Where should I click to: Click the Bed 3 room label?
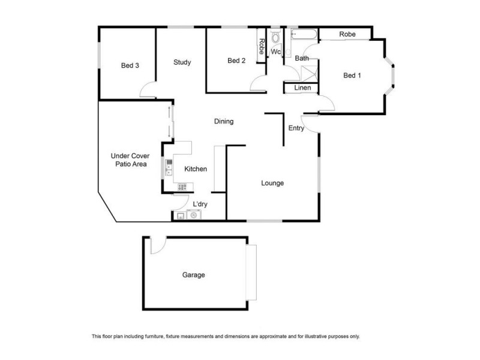pos(130,65)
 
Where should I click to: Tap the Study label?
pos(182,62)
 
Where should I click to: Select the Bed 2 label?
pos(236,61)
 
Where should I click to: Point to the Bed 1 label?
pos(352,75)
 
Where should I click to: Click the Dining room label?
pos(224,121)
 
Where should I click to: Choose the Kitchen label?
pos(196,169)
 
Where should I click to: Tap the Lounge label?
pos(272,183)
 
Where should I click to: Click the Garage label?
pos(194,275)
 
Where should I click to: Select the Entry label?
pos(296,128)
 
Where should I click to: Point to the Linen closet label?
pos(302,88)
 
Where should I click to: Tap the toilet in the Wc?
pos(275,38)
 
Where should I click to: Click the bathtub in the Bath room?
pos(301,35)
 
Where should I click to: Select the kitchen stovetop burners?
pos(182,187)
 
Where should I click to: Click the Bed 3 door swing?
pos(148,92)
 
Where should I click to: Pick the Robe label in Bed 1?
pos(347,35)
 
